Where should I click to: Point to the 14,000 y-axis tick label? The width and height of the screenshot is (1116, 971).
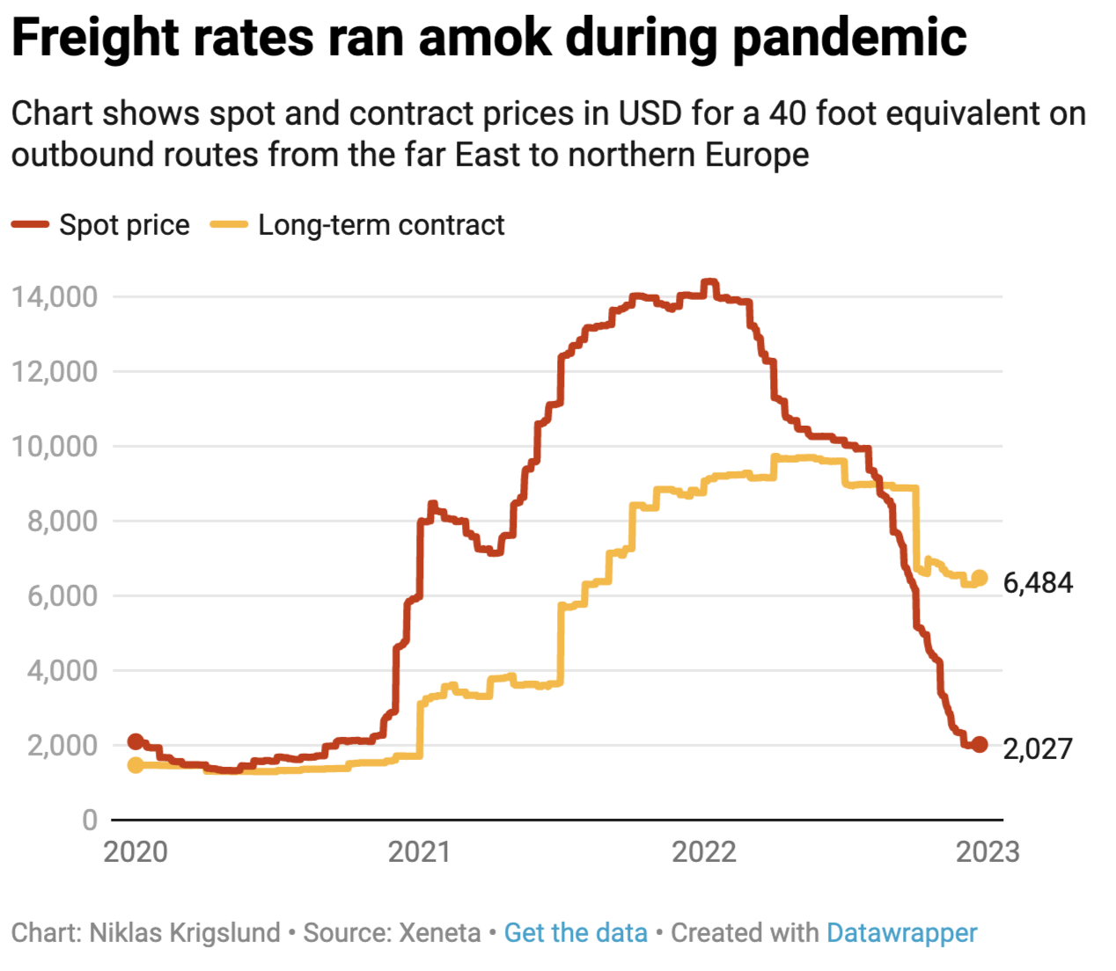point(55,297)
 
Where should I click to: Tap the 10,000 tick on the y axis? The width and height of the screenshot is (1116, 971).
point(55,447)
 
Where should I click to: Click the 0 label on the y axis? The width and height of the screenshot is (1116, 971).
point(90,821)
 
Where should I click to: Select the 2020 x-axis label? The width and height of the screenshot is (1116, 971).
point(136,852)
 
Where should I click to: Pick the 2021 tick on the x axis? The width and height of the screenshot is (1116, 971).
point(419,852)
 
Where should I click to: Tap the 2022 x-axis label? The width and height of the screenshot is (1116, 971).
point(703,852)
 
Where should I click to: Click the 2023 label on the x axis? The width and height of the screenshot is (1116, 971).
point(988,852)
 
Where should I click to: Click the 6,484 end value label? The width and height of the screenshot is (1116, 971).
point(1038,583)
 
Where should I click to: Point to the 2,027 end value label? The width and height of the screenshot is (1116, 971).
point(1038,748)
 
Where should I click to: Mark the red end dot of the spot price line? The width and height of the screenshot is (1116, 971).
point(979,745)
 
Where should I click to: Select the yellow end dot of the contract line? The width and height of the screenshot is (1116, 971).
point(979,579)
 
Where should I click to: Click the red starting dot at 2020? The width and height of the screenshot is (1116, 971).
point(136,741)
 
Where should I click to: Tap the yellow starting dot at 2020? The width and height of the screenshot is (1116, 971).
point(136,765)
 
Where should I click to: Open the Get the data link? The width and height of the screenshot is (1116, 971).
point(576,933)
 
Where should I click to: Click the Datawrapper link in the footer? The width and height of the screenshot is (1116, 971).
point(901,933)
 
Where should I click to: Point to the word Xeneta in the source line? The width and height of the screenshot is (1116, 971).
point(440,933)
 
